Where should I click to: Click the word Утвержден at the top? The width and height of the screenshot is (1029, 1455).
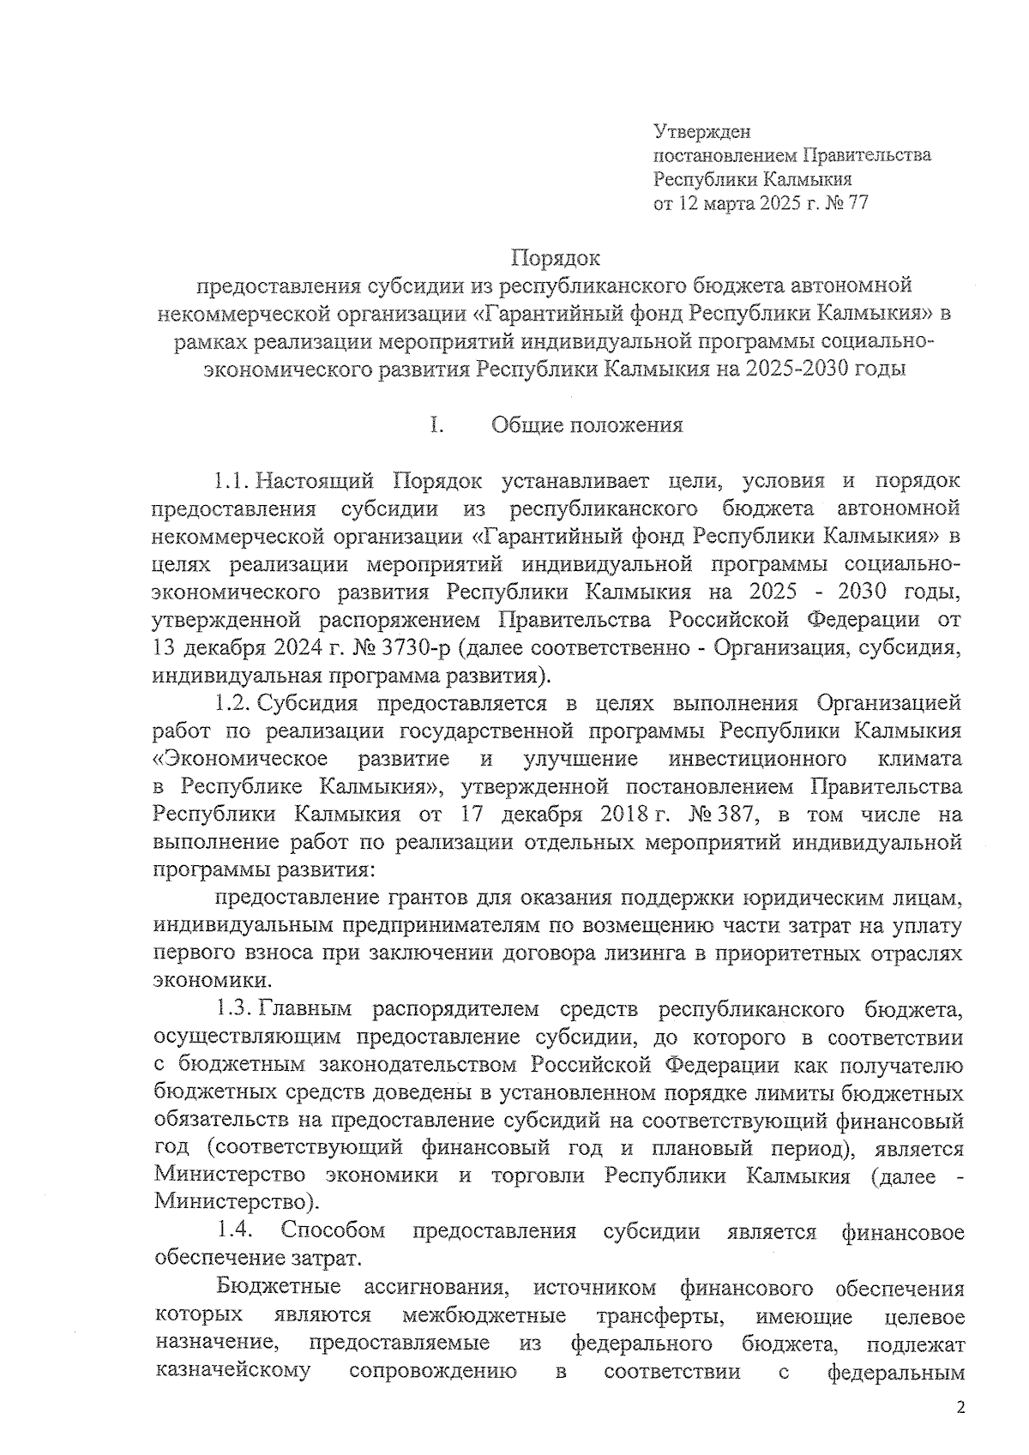[701, 132]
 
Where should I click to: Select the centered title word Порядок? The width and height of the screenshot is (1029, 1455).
[556, 257]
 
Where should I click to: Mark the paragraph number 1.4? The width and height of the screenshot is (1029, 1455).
[233, 1231]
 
